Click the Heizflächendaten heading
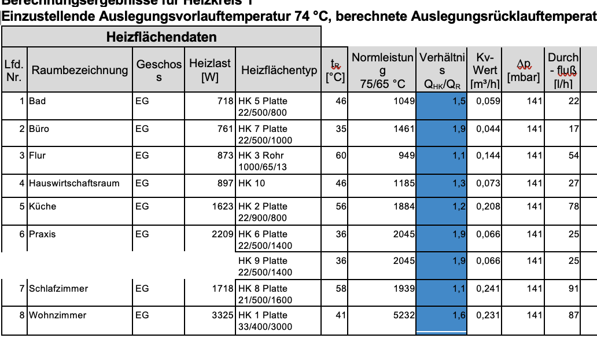coord(161,38)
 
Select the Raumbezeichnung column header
coord(80,71)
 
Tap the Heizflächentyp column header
coord(279,71)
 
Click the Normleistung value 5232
coord(404,315)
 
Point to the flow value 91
coord(573,288)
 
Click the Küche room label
coord(42,207)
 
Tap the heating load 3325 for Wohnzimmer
coord(223,315)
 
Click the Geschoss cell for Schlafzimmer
coord(142,288)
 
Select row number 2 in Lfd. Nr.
coord(22,129)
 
